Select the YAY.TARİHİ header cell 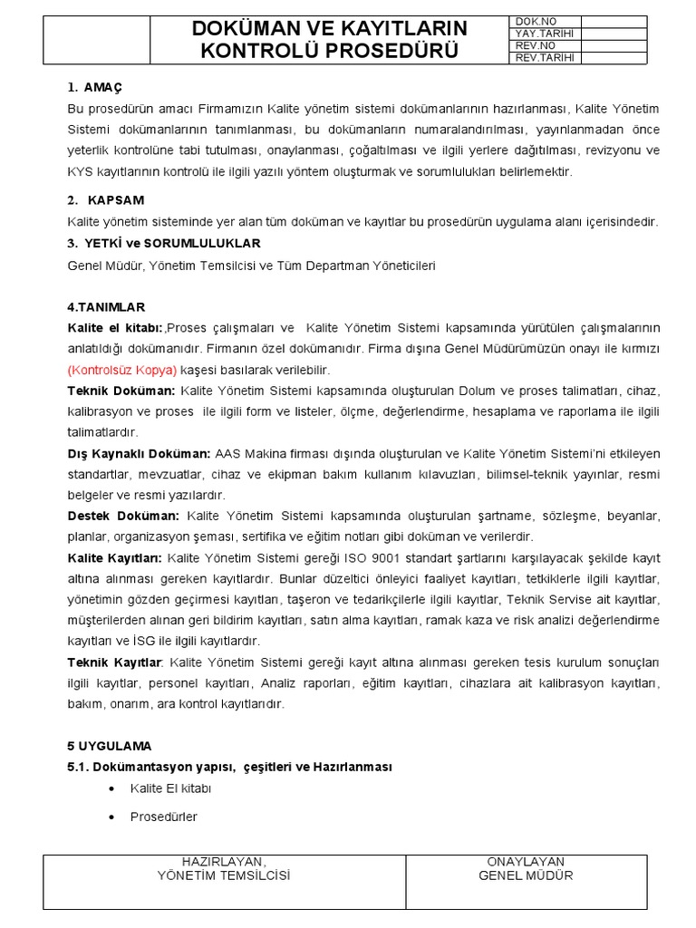pyautogui.click(x=544, y=34)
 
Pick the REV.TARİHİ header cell pyautogui.click(x=544, y=58)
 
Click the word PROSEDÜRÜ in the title pyautogui.click(x=381, y=51)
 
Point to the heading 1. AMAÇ pyautogui.click(x=94, y=87)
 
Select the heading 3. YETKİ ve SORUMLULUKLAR pyautogui.click(x=163, y=243)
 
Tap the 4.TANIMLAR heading pyautogui.click(x=105, y=307)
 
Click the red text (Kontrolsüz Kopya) pyautogui.click(x=121, y=370)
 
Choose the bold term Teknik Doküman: pyautogui.click(x=121, y=391)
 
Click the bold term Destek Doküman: pyautogui.click(x=123, y=515)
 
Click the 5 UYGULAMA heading pyautogui.click(x=109, y=746)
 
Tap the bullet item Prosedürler pyautogui.click(x=163, y=817)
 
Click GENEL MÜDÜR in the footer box pyautogui.click(x=526, y=875)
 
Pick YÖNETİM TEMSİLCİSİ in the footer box pyautogui.click(x=224, y=875)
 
